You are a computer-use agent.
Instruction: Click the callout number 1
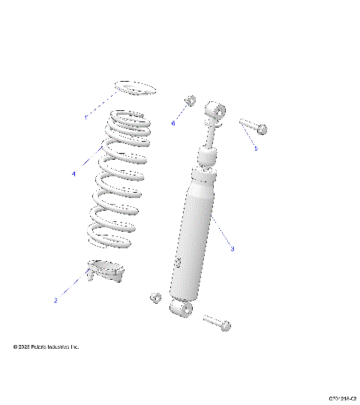85,118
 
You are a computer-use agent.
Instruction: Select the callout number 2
56,301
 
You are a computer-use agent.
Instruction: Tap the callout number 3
232,248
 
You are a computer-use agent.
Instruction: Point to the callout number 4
73,173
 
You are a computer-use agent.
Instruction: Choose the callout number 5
255,148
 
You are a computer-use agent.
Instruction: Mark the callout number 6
172,122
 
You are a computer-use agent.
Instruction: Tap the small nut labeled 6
190,100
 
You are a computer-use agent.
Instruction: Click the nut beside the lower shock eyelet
155,298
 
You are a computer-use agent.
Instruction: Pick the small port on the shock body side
178,262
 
